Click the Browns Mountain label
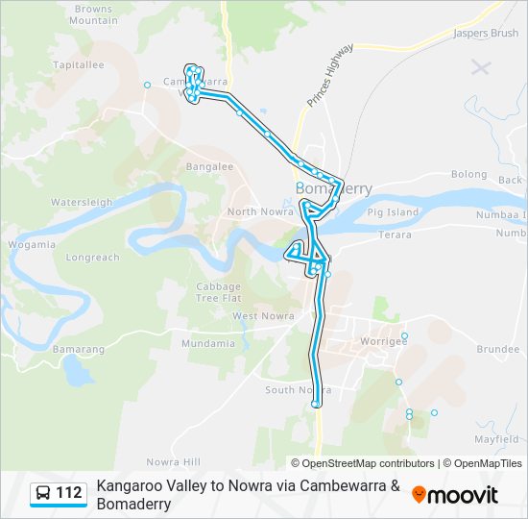(x=93, y=14)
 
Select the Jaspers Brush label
(x=485, y=33)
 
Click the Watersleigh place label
(x=82, y=203)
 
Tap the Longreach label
(x=93, y=258)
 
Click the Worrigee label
(x=382, y=340)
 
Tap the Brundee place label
(x=497, y=350)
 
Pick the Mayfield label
(x=495, y=439)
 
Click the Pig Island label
(x=393, y=211)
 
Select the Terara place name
(x=395, y=235)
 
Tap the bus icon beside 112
(x=44, y=494)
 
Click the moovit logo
(x=455, y=495)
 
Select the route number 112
(x=69, y=494)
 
